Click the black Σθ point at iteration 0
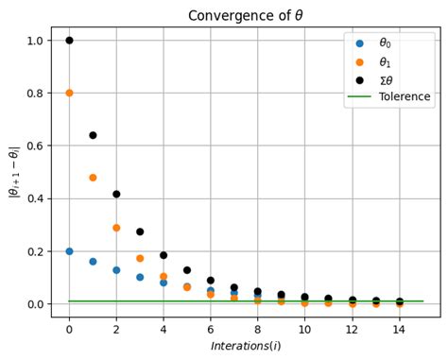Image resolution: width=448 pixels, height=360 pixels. pyautogui.click(x=69, y=40)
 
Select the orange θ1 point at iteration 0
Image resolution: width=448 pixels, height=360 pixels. pyautogui.click(x=69, y=93)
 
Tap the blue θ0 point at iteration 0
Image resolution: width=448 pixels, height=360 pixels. pyautogui.click(x=69, y=251)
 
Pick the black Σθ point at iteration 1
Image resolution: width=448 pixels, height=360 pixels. pyautogui.click(x=93, y=135)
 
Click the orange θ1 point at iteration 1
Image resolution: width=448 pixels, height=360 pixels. pyautogui.click(x=93, y=178)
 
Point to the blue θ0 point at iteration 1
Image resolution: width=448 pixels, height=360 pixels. pyautogui.click(x=93, y=262)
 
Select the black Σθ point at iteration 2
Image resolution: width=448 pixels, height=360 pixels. pyautogui.click(x=116, y=194)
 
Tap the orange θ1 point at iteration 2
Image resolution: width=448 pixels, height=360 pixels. pyautogui.click(x=116, y=228)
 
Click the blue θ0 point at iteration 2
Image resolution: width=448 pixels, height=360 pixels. pyautogui.click(x=116, y=270)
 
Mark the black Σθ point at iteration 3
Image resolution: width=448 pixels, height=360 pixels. pyautogui.click(x=140, y=231)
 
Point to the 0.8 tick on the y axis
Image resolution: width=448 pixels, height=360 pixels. pyautogui.click(x=35, y=93)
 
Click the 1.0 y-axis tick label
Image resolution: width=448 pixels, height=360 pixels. pyautogui.click(x=35, y=41)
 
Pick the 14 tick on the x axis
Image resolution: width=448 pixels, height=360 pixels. pyautogui.click(x=399, y=329)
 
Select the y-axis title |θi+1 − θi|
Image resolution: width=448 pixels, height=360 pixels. pyautogui.click(x=12, y=172)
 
